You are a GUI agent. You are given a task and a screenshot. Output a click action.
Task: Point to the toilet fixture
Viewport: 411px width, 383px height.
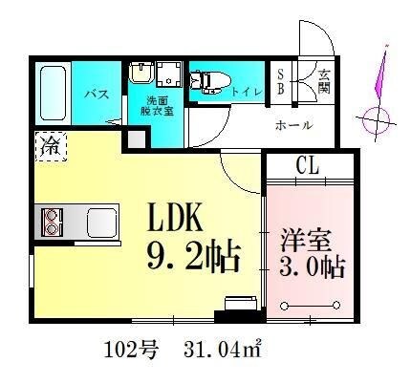[206, 81]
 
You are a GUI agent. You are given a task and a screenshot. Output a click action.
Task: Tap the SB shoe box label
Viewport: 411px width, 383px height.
[281, 80]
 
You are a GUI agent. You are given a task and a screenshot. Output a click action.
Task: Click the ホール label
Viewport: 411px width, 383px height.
[292, 124]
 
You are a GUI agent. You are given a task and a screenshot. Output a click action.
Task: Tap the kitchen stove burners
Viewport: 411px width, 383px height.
[50, 223]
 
